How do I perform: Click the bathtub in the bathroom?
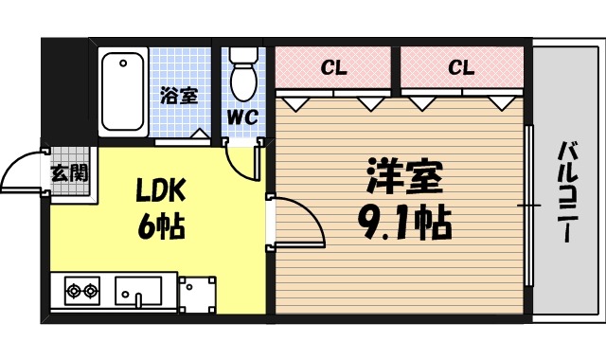tap(123, 92)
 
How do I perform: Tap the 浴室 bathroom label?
tap(179, 96)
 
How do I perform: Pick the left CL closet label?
tap(331, 67)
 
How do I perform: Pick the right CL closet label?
tap(460, 67)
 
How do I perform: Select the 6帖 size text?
tap(160, 227)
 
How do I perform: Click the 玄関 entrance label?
tap(69, 172)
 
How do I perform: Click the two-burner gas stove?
tap(82, 290)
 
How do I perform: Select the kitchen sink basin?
tap(138, 290)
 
